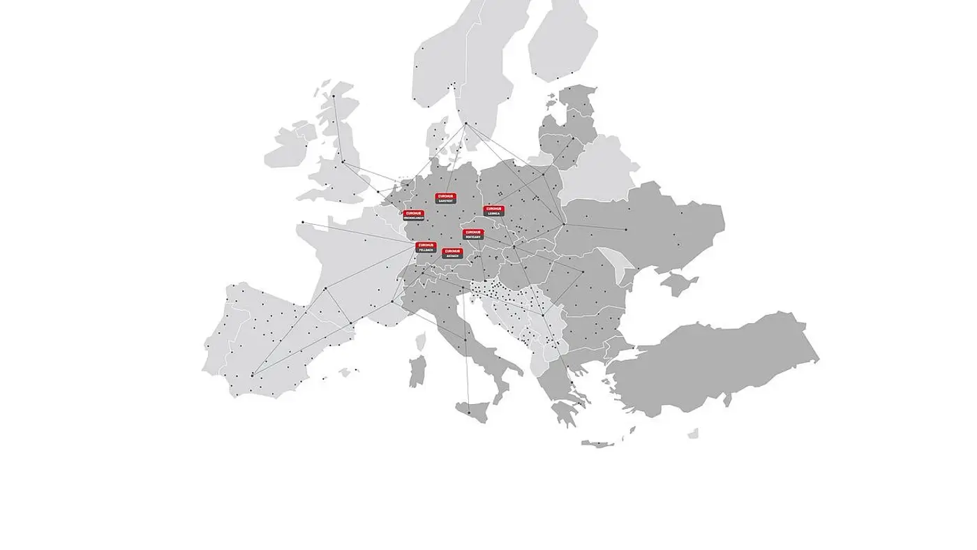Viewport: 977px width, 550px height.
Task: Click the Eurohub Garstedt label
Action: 445,198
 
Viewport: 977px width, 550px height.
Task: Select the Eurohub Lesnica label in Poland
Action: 493,210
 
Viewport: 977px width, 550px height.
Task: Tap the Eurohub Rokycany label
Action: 472,234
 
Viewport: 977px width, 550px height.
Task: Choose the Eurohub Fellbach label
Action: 426,247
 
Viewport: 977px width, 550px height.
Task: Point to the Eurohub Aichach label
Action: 452,253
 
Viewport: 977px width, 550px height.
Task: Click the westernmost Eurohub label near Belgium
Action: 414,215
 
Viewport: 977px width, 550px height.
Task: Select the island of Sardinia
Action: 417,371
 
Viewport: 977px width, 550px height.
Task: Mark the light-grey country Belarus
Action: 600,171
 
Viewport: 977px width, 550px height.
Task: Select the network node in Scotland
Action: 333,96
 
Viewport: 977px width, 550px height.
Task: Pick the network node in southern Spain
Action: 252,375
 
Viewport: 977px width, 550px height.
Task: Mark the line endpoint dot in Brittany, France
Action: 302,222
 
